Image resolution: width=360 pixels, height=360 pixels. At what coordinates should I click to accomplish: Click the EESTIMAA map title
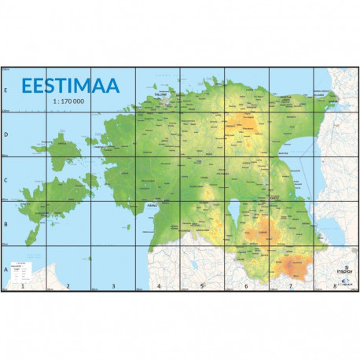tap(70, 85)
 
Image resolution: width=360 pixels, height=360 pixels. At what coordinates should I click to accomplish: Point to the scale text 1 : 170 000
tap(70, 101)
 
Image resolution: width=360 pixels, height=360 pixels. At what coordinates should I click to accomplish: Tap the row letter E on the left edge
tap(6, 89)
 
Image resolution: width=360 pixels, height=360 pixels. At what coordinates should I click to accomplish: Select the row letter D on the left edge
tap(6, 134)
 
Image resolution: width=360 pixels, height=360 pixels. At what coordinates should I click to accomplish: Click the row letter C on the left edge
tap(6, 178)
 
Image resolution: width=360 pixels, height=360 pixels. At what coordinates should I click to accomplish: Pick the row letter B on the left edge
tap(6, 223)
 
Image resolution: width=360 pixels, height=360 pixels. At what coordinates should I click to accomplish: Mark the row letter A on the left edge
tap(6, 268)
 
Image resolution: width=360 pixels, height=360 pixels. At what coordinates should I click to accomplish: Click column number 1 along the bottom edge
tap(24, 286)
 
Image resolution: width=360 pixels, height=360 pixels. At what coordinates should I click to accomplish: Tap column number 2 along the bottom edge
tap(68, 286)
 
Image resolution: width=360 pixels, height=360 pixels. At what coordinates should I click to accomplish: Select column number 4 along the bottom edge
tap(158, 286)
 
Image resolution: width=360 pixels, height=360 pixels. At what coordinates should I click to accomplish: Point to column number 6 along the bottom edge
tap(247, 286)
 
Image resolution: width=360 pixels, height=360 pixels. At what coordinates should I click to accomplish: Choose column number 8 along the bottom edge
tap(336, 286)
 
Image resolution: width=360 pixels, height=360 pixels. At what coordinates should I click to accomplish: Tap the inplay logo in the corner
tap(343, 274)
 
